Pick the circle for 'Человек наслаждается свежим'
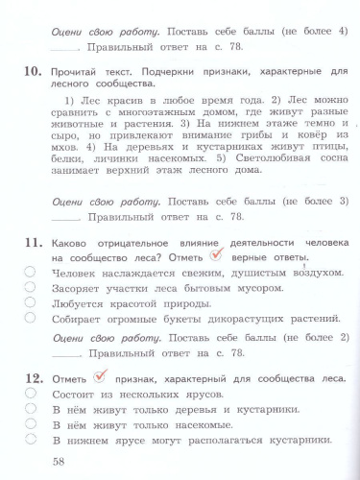32,274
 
